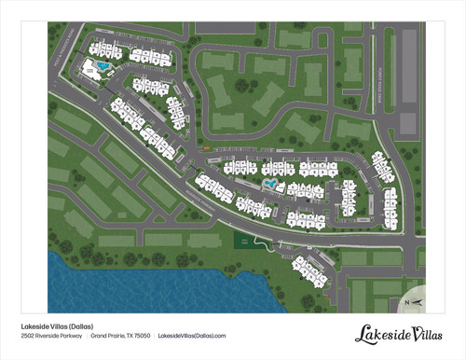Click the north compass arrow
click(x=418, y=303)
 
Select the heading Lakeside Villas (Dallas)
click(x=62, y=326)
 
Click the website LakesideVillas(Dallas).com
click(x=193, y=337)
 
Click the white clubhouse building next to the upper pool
click(x=93, y=69)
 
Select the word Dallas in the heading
click(x=91, y=326)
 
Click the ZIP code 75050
click(x=142, y=337)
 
